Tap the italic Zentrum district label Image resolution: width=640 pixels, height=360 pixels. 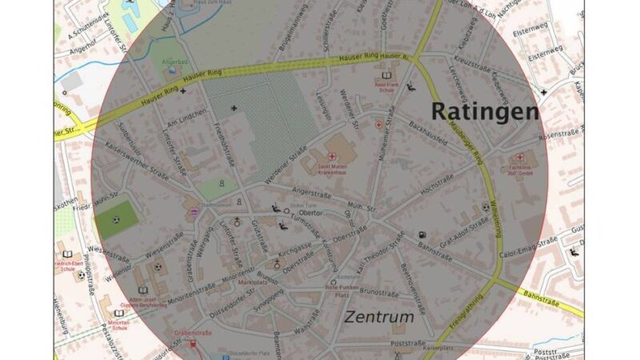(x=379, y=317)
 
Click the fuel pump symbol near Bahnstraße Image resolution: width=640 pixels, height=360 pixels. (x=421, y=235)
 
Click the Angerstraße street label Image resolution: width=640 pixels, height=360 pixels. (x=312, y=191)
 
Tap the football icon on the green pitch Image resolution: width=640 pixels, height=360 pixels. (x=117, y=219)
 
